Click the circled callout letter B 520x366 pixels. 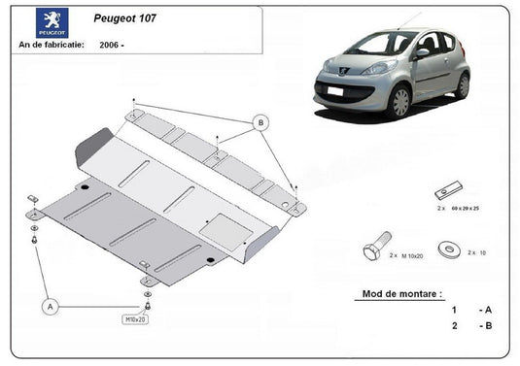point(260,122)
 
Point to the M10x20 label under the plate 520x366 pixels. point(133,318)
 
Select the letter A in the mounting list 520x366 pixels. point(486,309)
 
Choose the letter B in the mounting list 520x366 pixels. point(486,327)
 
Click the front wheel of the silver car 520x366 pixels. point(399,101)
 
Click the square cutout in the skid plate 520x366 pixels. point(215,225)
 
